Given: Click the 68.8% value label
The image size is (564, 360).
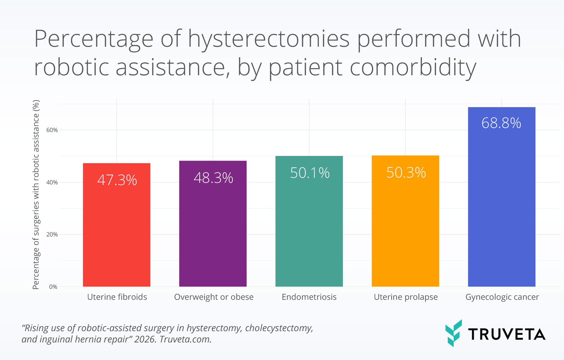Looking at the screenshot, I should pyautogui.click(x=501, y=123).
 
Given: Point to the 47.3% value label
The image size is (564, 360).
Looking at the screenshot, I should pyautogui.click(x=117, y=180).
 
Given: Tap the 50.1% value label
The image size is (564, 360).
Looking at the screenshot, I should pyautogui.click(x=310, y=173).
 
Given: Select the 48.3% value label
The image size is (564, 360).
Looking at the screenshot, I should pyautogui.click(x=213, y=178).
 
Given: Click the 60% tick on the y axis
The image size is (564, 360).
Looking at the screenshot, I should pyautogui.click(x=52, y=130).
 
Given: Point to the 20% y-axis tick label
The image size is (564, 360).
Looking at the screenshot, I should pyautogui.click(x=52, y=235).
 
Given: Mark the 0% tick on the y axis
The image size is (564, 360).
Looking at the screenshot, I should pyautogui.click(x=53, y=287).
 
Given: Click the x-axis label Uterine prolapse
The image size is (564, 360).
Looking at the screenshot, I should pyautogui.click(x=405, y=297).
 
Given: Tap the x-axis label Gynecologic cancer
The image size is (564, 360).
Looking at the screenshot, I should pyautogui.click(x=502, y=297).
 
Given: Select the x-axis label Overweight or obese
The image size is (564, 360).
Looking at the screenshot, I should pyautogui.click(x=214, y=297).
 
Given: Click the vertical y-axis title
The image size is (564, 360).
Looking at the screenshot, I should pyautogui.click(x=36, y=194).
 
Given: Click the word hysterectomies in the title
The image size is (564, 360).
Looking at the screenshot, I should pyautogui.click(x=269, y=39).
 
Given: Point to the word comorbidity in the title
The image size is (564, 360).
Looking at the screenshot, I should pyautogui.click(x=413, y=67).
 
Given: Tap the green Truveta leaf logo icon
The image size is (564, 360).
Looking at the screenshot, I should pyautogui.click(x=453, y=333).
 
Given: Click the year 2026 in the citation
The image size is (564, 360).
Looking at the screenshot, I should pyautogui.click(x=145, y=339).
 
